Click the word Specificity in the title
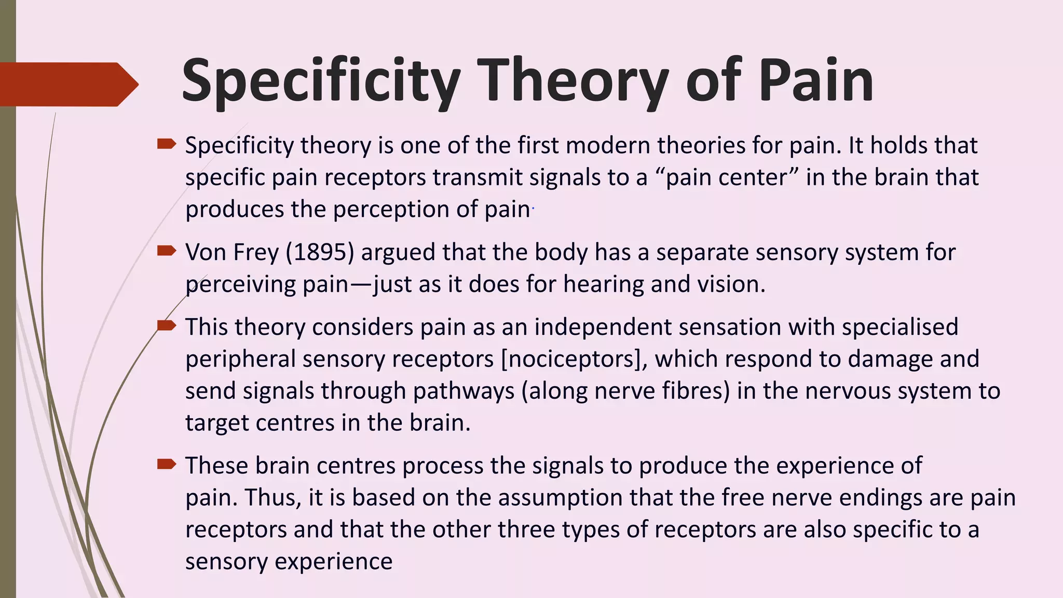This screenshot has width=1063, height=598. (x=321, y=81)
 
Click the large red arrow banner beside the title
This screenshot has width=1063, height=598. (x=67, y=84)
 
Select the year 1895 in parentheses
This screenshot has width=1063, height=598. (x=320, y=252)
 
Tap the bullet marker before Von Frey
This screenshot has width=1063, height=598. (x=167, y=251)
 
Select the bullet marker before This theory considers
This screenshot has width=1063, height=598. (x=167, y=325)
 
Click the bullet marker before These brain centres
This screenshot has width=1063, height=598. (x=167, y=464)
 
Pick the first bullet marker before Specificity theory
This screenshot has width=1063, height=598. (x=167, y=144)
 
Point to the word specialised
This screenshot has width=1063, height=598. (x=900, y=327)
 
